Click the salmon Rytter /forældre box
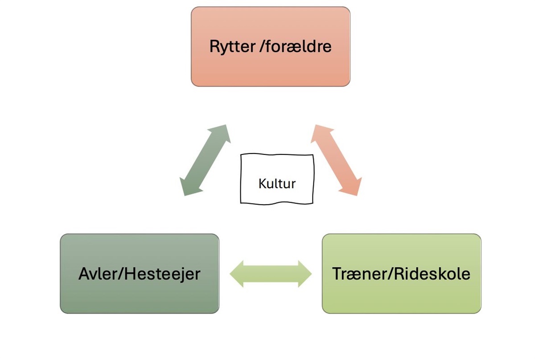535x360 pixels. point(271,67)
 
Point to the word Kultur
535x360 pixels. point(277,183)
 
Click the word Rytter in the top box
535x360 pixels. point(232,46)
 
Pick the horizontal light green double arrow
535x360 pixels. point(271,273)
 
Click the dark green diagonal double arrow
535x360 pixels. point(205,160)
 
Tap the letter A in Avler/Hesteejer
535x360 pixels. point(84,274)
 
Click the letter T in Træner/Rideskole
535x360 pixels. point(337,273)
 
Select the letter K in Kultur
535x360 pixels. point(262,183)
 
